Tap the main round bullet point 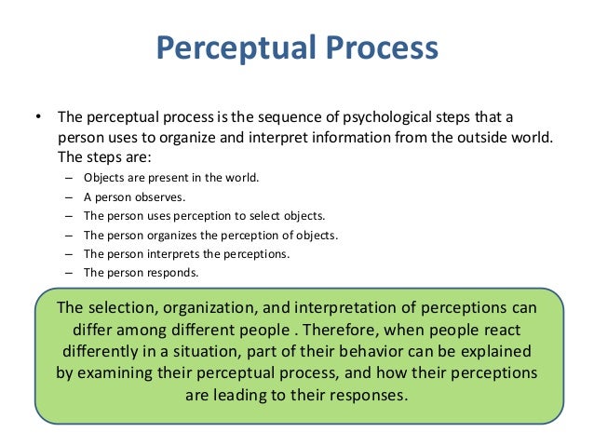click(x=38, y=118)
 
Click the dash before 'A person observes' click(x=70, y=197)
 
